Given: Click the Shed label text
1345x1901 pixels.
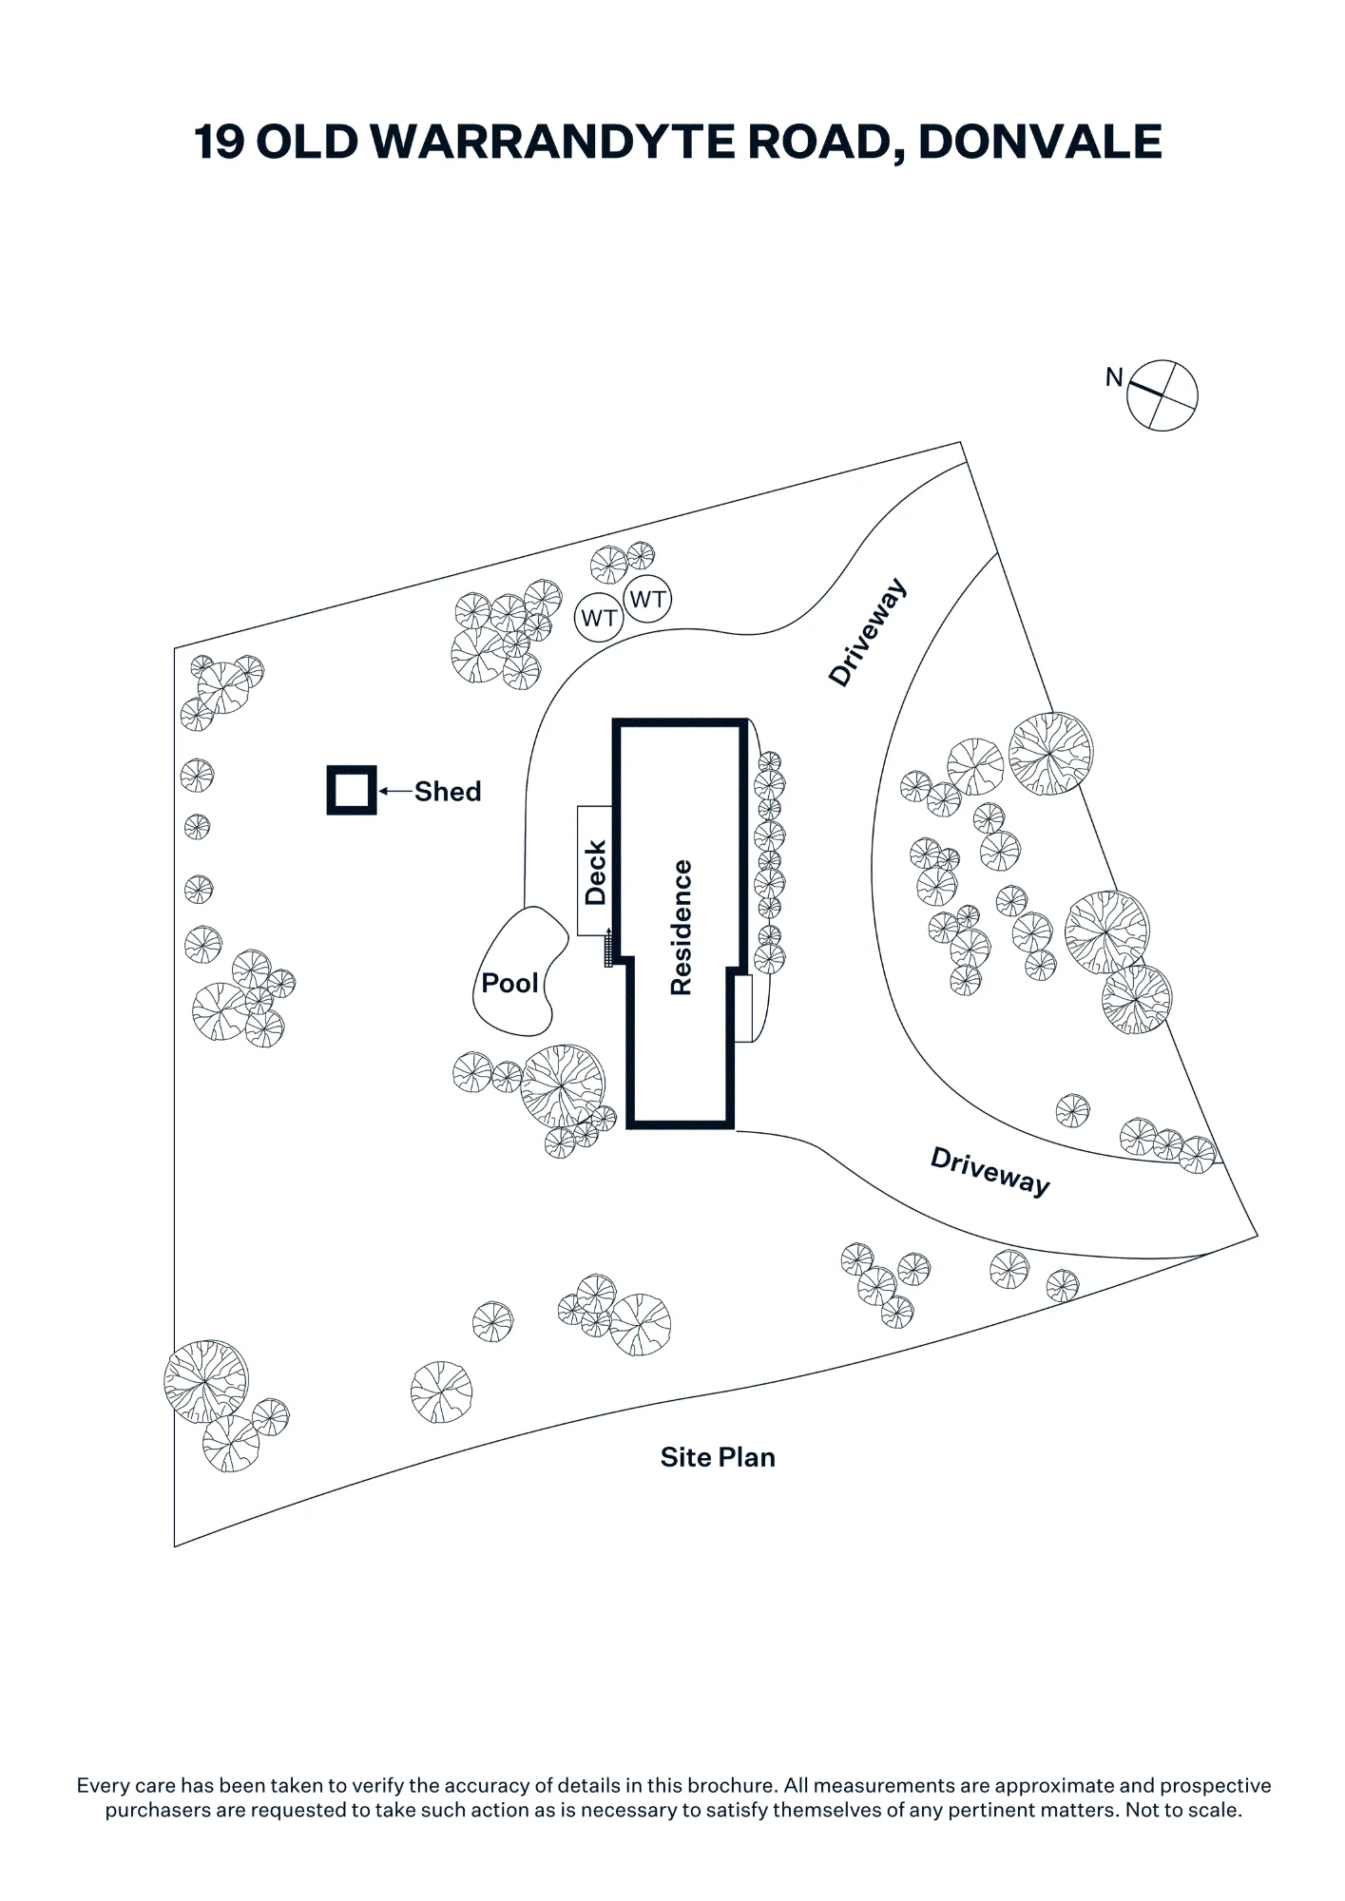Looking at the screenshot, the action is click(448, 792).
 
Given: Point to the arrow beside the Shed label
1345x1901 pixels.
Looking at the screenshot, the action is click(396, 791).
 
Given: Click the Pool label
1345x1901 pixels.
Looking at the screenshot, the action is click(509, 983).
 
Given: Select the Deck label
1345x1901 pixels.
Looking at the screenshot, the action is click(596, 873).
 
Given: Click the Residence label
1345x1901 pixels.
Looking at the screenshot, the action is click(681, 928).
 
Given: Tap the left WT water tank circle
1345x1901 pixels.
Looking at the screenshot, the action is click(599, 618).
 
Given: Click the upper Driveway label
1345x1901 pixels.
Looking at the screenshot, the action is click(868, 632).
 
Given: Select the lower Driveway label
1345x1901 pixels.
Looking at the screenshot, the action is click(990, 1171).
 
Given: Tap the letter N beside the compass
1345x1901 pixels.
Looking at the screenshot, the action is click(1114, 377).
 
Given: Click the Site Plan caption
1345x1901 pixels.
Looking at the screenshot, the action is click(718, 1457).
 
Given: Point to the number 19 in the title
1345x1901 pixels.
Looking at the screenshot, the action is click(220, 142).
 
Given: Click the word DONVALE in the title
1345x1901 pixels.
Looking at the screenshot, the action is click(1040, 142).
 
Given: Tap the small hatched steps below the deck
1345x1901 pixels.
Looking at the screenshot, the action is click(608, 950).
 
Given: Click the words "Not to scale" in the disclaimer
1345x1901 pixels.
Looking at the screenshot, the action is click(1182, 1810).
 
